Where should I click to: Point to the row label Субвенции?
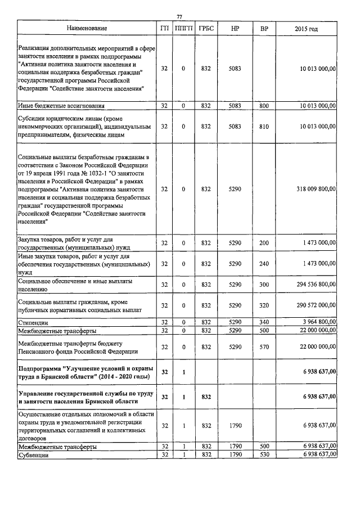point(33,454)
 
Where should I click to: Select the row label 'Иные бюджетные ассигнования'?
point(61,105)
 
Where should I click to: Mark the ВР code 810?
point(264,127)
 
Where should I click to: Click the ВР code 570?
point(264,348)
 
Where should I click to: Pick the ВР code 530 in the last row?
point(264,454)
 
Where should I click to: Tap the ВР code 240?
point(264,263)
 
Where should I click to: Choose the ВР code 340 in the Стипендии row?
point(264,322)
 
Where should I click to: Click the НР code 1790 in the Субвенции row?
point(235,454)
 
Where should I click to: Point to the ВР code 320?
point(264,305)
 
